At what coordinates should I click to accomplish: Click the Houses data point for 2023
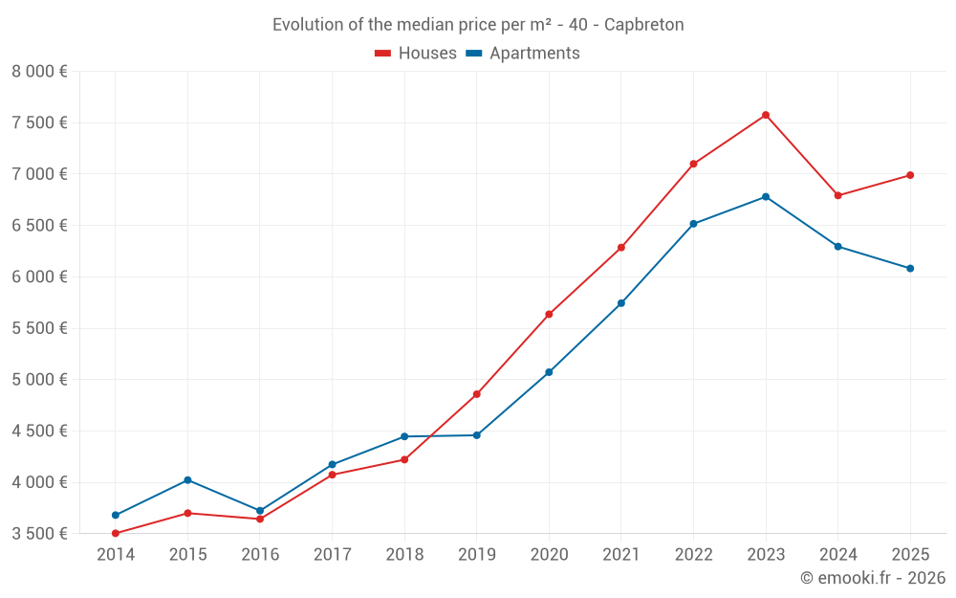point(766,115)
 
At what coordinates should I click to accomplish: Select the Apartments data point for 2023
point(766,197)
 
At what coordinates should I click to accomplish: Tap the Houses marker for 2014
point(116,533)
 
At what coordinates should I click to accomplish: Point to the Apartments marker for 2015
point(187,479)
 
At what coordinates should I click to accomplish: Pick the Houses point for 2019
point(477,394)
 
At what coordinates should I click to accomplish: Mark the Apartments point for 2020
point(549,372)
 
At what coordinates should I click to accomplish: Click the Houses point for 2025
point(910,175)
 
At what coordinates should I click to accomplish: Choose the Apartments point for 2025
point(910,268)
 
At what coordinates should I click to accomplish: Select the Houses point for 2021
point(621,248)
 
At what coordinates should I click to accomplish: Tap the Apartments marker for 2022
point(693,224)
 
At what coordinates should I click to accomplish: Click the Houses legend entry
point(417,54)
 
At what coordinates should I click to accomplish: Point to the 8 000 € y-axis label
point(39,72)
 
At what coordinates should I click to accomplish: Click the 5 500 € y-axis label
point(39,328)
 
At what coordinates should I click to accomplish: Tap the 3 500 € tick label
point(39,534)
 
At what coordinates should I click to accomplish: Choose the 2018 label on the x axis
point(404,555)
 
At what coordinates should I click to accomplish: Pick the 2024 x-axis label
point(837,555)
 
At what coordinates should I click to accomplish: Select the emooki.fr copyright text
point(873,578)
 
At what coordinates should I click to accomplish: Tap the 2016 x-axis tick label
point(260,555)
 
